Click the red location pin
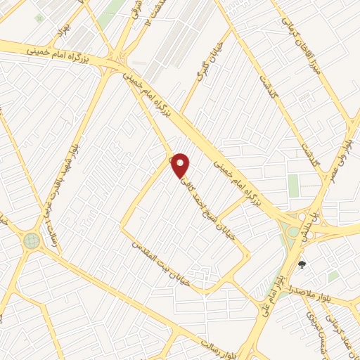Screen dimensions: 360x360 coord(181,165)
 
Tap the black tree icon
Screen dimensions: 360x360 coord(302,265)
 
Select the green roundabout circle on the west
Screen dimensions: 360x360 coord(32,240)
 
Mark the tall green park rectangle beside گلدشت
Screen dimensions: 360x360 coord(293,186)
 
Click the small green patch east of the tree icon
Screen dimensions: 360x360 coord(333,276)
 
